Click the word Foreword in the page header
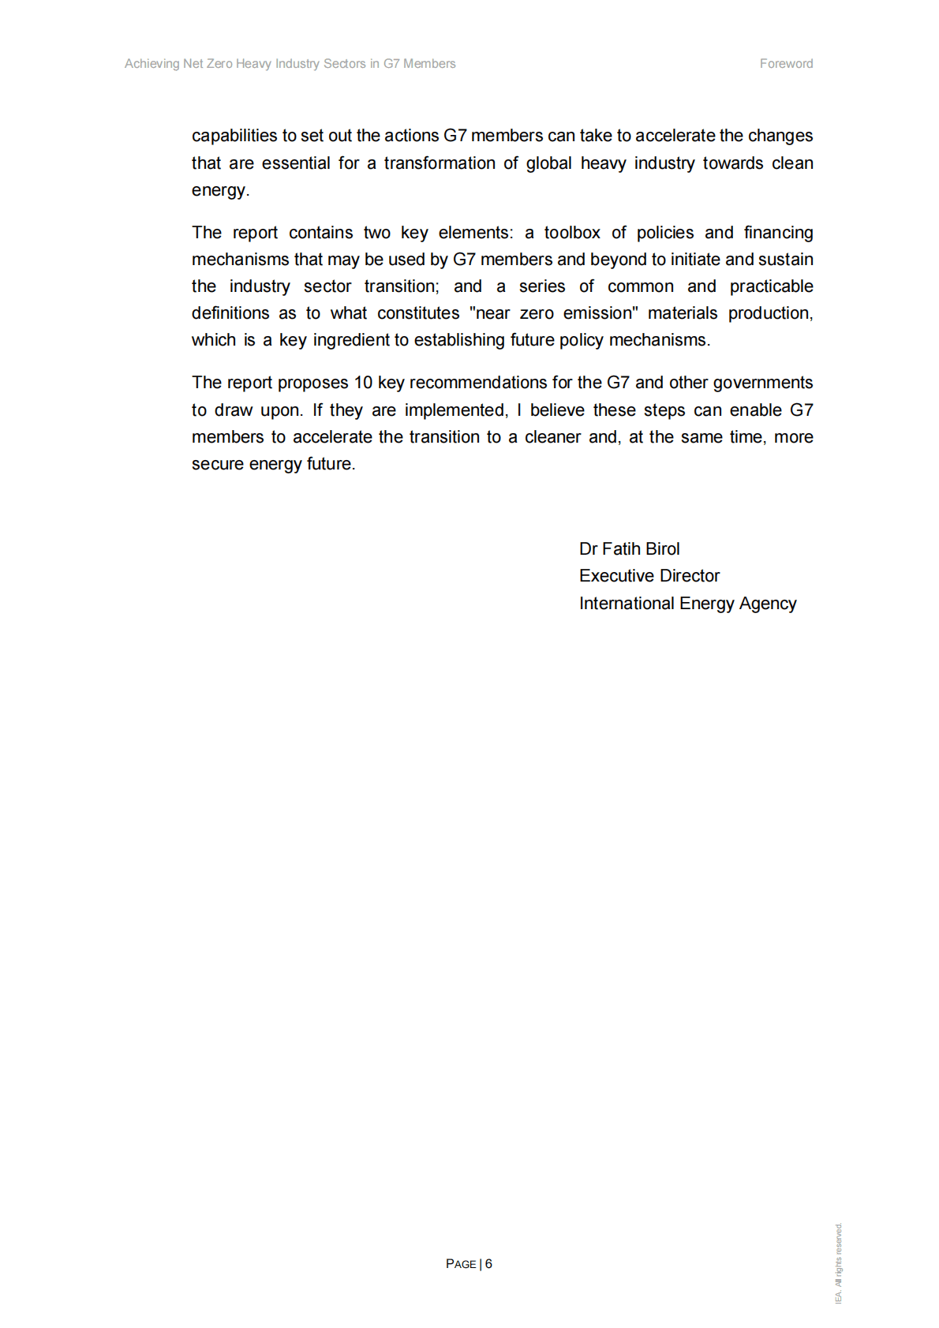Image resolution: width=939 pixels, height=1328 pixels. pos(786,64)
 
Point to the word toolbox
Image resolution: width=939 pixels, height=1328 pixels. pos(572,233)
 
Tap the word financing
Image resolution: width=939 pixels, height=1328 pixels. pos(778,233)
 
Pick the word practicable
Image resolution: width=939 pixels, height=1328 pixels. pos(771,286)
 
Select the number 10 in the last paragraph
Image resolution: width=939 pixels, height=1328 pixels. pos(363,383)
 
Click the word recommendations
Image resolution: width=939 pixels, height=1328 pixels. pos(478,383)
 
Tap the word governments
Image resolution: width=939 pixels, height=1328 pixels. pos(763,383)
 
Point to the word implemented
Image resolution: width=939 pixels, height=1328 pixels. pos(455,410)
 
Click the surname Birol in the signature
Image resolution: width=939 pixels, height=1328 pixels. pos(662,549)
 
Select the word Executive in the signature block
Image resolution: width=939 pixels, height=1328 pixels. pos(614,576)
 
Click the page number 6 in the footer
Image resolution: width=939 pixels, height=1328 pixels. pos(488,1263)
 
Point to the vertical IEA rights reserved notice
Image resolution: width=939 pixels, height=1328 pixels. pos(839,1263)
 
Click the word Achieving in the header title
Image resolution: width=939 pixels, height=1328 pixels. pos(152,64)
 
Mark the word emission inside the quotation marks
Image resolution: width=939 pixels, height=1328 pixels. pos(600,313)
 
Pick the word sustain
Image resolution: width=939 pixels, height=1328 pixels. pos(785,260)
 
